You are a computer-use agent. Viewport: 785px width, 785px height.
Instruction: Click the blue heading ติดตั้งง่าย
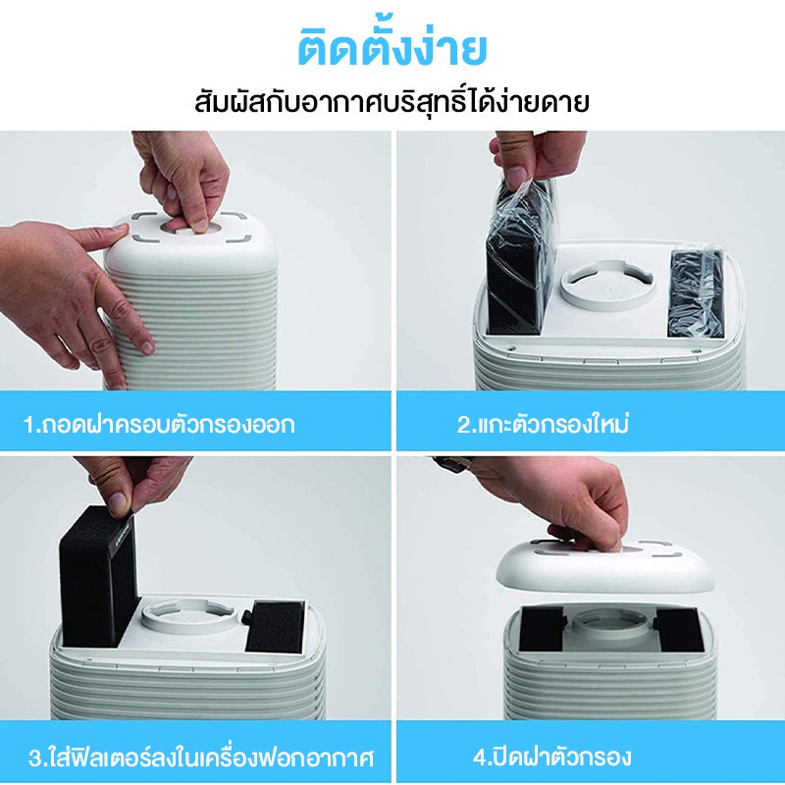coord(392,49)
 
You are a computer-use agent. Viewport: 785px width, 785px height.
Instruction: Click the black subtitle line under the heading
coord(392,102)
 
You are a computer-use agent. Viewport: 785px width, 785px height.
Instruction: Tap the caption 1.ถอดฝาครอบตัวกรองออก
coord(159,424)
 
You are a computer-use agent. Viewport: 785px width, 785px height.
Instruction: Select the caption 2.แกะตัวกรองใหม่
coord(543,423)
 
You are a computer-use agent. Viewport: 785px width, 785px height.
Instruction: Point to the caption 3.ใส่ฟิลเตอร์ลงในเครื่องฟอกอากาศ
coord(201,757)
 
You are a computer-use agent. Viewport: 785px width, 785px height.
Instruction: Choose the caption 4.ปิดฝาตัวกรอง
coord(551,757)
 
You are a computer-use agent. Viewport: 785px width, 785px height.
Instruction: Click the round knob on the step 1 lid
coord(191,228)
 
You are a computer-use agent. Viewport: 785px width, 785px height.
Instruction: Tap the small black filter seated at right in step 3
coord(275,626)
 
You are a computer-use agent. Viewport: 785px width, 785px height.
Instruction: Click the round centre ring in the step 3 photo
coord(187,616)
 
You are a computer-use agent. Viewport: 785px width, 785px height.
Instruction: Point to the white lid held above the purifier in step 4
coord(604,566)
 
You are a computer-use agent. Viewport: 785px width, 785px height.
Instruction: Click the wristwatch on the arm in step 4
coord(452,464)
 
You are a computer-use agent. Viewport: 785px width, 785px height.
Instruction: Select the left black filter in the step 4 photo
coord(543,629)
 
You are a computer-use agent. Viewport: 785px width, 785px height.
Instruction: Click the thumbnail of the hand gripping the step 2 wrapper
coord(515,177)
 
